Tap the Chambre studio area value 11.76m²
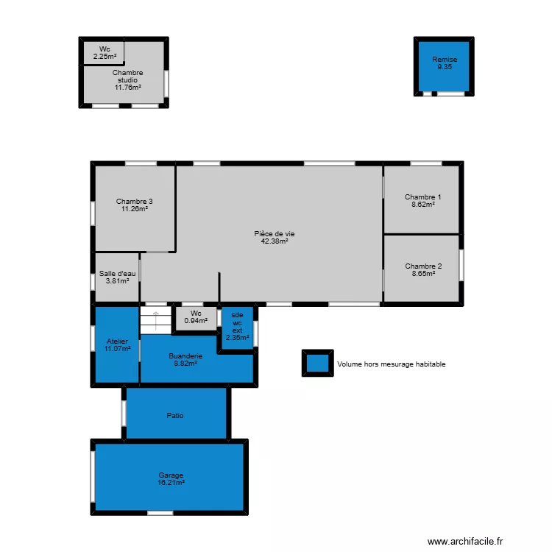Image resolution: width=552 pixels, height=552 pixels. tap(127, 87)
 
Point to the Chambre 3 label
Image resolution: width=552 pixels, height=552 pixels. tap(135, 205)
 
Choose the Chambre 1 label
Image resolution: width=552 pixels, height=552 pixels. tap(423, 200)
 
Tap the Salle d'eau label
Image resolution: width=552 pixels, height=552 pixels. tap(117, 276)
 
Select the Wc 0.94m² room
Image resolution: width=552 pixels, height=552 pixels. tap(196, 316)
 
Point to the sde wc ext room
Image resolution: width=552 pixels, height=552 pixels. tap(237, 326)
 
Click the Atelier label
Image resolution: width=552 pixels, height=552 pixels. tap(117, 344)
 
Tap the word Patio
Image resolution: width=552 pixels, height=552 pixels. tap(175, 416)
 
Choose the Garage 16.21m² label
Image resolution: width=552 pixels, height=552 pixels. tap(171, 478)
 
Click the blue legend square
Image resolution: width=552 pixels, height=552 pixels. tap(317, 363)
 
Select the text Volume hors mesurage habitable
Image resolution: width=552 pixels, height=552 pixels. tap(391, 364)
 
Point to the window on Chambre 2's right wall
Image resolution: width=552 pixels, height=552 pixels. tap(461, 265)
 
